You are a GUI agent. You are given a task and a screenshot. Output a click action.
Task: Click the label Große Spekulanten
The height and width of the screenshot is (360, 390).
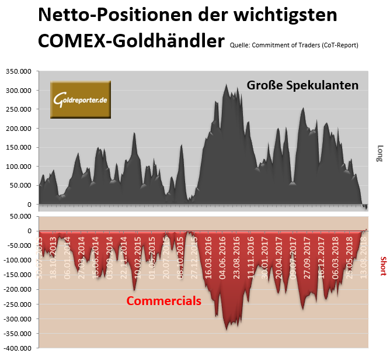[302, 85]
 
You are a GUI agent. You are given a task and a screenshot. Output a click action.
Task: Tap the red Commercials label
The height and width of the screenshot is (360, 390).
[164, 301]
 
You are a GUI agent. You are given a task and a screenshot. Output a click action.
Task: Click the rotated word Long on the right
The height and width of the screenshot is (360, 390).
[380, 153]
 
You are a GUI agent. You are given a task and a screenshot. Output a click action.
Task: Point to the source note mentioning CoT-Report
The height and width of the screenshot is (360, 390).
[294, 44]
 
